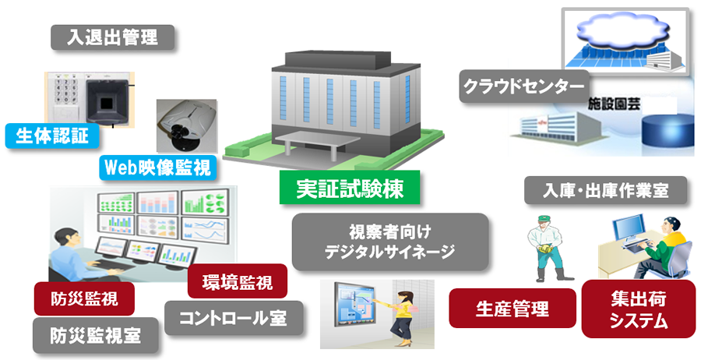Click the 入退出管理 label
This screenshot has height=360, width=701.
click(112, 37)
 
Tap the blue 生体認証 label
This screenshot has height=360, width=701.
click(52, 136)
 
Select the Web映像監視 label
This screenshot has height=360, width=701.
click(158, 168)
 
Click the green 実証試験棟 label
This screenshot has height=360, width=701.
click(350, 188)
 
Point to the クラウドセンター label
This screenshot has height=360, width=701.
click(524, 86)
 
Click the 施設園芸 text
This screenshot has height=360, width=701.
click(614, 104)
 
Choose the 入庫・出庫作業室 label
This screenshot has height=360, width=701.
click(606, 190)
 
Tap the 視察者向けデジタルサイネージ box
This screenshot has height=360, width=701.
click(390, 242)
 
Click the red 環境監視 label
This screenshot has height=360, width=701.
click(238, 281)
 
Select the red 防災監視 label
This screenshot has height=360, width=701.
click(84, 298)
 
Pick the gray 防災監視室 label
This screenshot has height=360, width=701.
click(96, 335)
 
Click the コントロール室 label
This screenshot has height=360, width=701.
click(234, 318)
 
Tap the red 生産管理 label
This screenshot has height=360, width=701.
click(513, 308)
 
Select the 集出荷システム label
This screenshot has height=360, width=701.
click(639, 309)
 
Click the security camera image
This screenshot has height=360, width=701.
click(187, 126)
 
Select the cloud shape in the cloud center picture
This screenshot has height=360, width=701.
click(623, 32)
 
